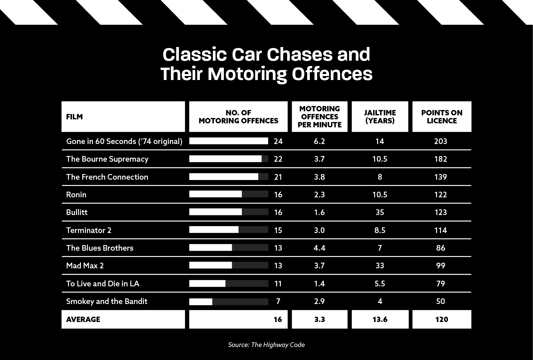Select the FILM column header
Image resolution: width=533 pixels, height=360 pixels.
74,117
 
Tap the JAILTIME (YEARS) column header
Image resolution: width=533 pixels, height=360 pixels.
380,117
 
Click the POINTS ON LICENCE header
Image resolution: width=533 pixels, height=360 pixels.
442,117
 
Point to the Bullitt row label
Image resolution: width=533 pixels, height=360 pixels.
77,212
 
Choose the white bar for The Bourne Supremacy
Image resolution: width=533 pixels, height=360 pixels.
225,159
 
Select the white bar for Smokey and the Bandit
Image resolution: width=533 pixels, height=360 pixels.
201,302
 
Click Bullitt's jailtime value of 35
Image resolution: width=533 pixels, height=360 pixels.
380,212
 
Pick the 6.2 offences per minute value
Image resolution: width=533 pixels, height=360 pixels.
319,141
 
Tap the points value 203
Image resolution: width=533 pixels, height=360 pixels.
440,141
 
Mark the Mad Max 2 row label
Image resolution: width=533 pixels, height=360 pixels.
85,266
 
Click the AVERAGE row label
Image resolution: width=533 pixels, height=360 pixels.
83,319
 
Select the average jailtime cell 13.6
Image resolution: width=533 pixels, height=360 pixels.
380,319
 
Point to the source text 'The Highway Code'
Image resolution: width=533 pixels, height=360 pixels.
278,345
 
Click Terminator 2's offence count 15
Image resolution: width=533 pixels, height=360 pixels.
278,230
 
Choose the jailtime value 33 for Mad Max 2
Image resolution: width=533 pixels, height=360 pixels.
380,266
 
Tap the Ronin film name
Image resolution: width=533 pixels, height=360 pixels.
76,195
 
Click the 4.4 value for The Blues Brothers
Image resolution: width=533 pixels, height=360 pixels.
319,248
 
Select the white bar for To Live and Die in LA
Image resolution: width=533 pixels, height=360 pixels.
207,284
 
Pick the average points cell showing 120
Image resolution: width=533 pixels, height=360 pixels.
442,319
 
